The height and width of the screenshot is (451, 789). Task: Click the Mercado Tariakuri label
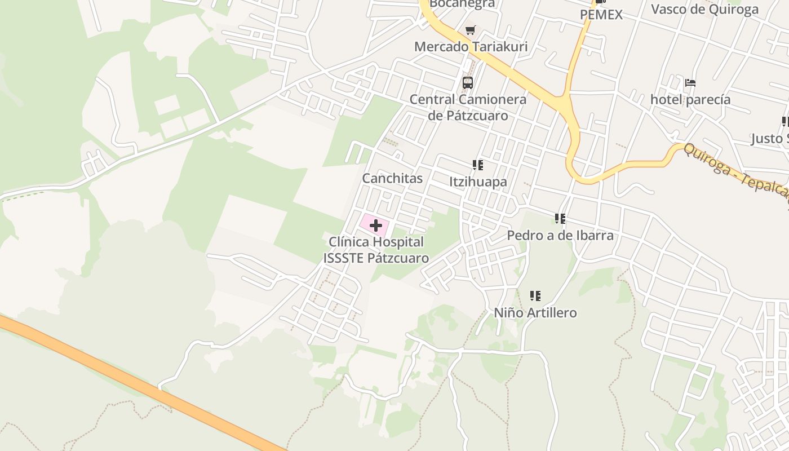[471, 46]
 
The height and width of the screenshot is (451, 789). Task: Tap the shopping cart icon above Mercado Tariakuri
[470, 30]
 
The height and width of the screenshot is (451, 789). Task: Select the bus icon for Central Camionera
[467, 83]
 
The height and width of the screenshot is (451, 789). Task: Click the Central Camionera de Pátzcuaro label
[468, 107]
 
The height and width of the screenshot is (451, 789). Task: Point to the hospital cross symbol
[375, 225]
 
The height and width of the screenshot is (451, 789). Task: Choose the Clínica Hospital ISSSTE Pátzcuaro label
[376, 250]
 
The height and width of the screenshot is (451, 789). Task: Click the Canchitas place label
[392, 178]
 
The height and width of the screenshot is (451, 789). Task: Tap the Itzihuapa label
[478, 182]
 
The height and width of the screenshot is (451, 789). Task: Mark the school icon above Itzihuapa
[478, 165]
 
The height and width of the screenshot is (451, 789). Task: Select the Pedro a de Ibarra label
[560, 235]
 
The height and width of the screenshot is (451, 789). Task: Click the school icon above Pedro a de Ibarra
[560, 218]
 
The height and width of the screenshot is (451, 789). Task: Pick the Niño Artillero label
[535, 312]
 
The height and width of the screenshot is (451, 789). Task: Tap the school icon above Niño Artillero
[535, 295]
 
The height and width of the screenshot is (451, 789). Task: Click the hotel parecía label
[690, 100]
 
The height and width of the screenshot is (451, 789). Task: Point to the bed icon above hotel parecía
[690, 83]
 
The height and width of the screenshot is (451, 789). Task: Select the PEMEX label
[601, 15]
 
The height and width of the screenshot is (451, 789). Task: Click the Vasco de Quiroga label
[704, 9]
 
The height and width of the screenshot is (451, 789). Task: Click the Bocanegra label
[462, 4]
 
